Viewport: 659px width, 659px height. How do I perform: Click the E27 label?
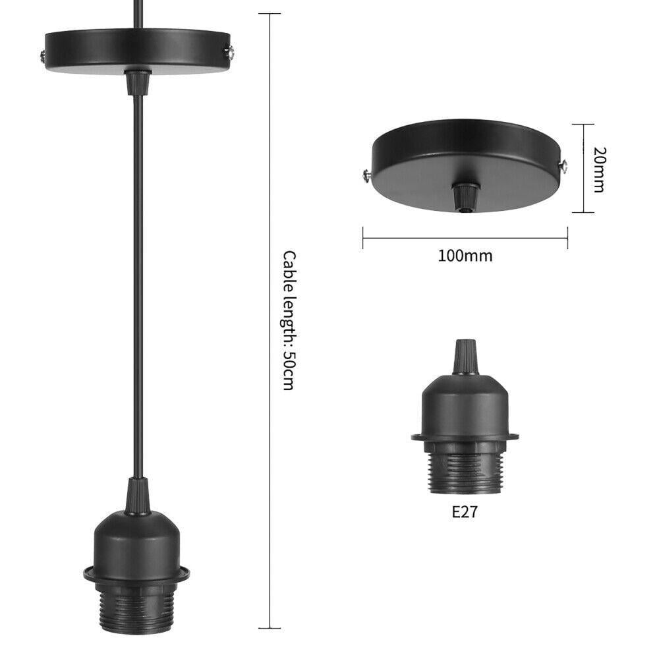tap(464, 512)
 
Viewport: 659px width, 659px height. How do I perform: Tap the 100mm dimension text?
tap(465, 256)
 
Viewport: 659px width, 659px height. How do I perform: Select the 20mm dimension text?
tap(598, 169)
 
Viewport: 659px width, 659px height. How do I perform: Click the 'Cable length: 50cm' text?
tap(289, 320)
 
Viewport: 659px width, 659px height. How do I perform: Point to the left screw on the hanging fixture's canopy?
tap(42, 55)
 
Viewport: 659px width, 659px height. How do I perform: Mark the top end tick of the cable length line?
tap(269, 14)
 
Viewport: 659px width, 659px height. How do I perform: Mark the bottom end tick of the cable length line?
tap(269, 628)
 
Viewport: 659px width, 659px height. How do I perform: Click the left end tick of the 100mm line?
tap(363, 239)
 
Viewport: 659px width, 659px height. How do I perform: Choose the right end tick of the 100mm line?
tap(567, 239)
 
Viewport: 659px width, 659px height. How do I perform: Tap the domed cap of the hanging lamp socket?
tap(137, 539)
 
